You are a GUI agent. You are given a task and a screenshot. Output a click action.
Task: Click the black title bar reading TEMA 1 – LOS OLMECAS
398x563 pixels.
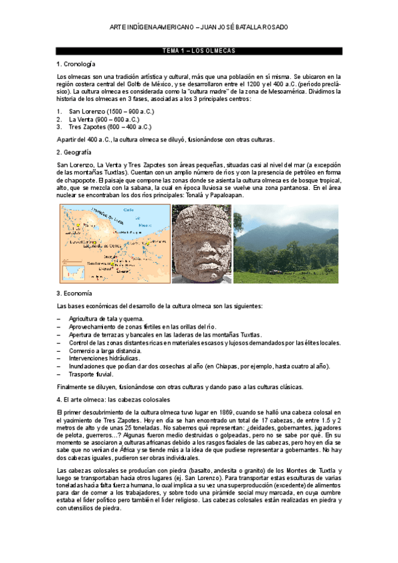click(x=199, y=50)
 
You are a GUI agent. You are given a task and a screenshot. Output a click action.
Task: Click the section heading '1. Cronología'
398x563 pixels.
click(x=76, y=64)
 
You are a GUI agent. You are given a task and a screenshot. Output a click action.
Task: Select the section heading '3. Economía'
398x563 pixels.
click(x=74, y=293)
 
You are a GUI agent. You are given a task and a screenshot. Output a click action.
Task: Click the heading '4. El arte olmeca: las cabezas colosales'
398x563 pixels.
click(x=114, y=400)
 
